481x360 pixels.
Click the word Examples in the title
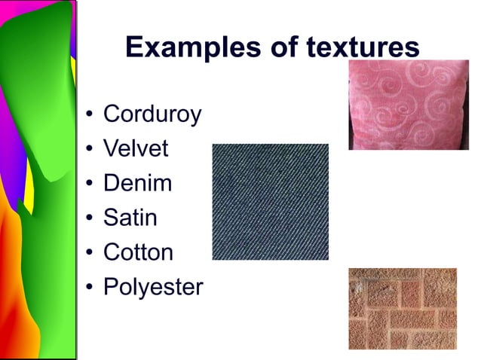pos(185,47)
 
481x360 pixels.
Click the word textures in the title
pos(363,47)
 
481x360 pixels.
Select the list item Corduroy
pos(152,114)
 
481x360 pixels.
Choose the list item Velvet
pos(136,148)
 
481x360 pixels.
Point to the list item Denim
pos(137,183)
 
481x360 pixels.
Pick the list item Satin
pos(130,218)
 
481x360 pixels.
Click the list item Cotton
pos(138,252)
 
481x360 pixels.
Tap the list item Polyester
pos(153,287)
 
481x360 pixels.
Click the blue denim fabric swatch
pos(270,202)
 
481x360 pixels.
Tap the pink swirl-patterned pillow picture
pos(408,104)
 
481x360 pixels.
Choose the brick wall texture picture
pos(403,308)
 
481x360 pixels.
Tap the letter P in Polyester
pos(110,287)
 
